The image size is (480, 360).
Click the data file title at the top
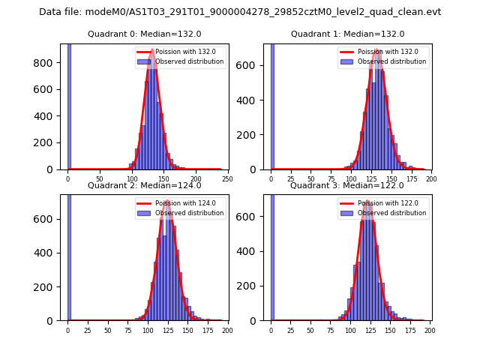240,12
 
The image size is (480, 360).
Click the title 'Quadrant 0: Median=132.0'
144,34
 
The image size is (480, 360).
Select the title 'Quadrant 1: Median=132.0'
347,34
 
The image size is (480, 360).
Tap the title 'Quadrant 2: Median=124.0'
144,185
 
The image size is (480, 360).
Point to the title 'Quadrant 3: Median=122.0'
347,185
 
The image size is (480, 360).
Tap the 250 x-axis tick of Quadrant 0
226,179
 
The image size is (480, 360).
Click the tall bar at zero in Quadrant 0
69,105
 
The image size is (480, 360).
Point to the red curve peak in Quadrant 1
377,50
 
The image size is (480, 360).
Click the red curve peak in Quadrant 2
167,201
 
